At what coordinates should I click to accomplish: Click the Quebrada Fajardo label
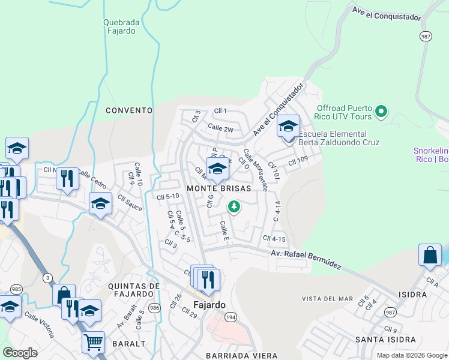121,27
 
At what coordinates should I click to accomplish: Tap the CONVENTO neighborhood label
129,110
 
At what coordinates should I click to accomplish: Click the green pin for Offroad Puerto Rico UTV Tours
381,111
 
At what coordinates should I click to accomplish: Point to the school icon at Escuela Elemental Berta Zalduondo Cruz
288,127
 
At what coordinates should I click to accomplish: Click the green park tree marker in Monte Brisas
234,207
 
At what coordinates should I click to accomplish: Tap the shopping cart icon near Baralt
93,342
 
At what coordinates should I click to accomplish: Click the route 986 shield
154,308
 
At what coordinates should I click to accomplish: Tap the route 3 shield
47,277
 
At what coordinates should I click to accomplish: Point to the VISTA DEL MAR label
327,299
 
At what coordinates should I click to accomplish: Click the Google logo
20,353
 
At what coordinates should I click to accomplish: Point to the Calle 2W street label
220,127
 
